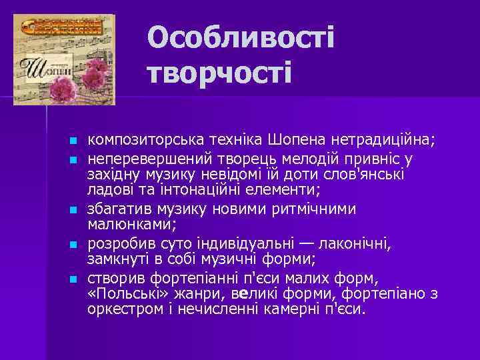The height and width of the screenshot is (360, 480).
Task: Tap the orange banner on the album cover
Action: (x=61, y=27)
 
